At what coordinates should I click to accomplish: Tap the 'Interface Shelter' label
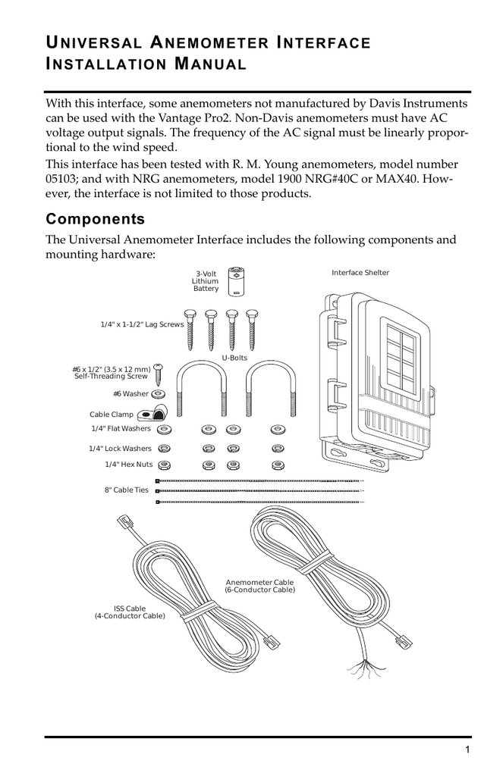360,273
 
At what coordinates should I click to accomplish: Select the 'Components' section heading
95,220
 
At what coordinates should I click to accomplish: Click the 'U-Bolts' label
234,358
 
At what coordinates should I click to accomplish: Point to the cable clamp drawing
152,414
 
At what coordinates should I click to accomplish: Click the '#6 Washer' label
130,394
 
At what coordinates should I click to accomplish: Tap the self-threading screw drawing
158,374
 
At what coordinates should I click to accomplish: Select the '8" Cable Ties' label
126,490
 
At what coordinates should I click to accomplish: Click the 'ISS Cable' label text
130,609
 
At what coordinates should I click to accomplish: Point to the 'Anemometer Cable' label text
259,582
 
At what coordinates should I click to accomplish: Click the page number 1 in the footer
468,749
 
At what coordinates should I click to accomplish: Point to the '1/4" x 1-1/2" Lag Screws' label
142,324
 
